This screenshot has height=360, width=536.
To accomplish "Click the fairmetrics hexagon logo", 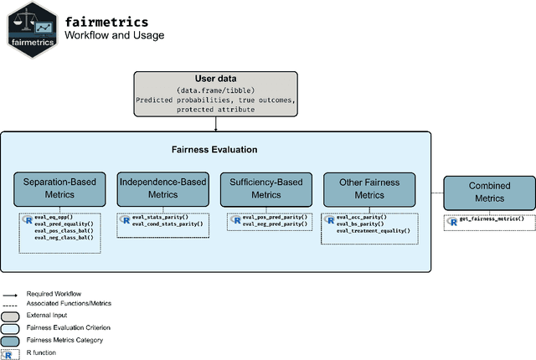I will click(30, 29).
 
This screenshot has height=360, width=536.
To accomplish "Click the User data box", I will click(216, 92).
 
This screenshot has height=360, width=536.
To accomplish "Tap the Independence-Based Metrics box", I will click(163, 188).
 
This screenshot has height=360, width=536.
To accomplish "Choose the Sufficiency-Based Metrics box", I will click(267, 188).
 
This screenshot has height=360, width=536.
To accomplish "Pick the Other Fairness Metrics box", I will click(368, 188).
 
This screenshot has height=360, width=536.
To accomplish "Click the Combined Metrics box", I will click(489, 193).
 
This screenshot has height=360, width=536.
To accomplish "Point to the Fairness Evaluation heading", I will click(215, 150).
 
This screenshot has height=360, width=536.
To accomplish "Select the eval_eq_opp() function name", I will click(54, 217).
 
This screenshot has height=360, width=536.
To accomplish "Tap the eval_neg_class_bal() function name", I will click(64, 237).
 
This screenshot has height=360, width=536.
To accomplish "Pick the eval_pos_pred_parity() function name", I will click(276, 218).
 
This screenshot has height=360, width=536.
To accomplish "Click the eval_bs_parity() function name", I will click(361, 224).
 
